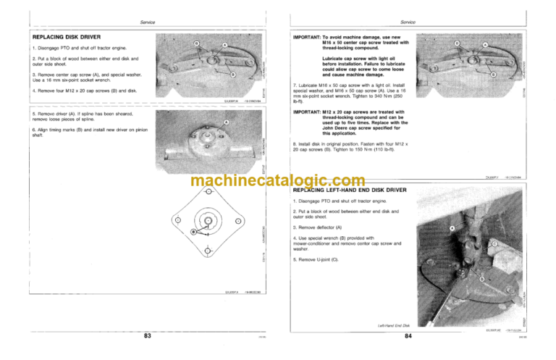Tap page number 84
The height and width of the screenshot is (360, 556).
point(408,335)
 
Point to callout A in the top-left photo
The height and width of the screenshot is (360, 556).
point(224,44)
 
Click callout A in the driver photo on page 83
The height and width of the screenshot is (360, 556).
point(227,122)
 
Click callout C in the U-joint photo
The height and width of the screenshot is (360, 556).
point(494,245)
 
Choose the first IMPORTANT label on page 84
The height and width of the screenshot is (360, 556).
point(309,35)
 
